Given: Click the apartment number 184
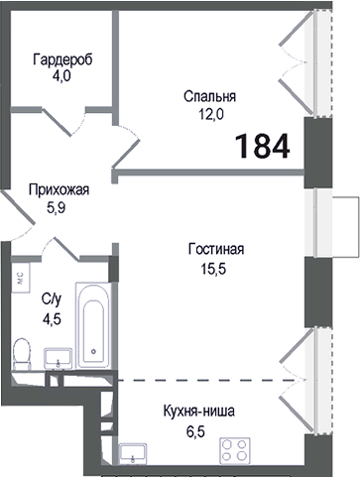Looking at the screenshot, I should click(263, 146).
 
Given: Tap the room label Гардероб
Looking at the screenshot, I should click(61, 59).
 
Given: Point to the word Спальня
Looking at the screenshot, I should click(210, 96).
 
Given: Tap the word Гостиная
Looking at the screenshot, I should click(215, 249).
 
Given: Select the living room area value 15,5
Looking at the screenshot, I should click(215, 265).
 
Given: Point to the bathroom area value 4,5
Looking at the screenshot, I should click(48, 317).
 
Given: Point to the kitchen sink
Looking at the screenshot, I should click(134, 454).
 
